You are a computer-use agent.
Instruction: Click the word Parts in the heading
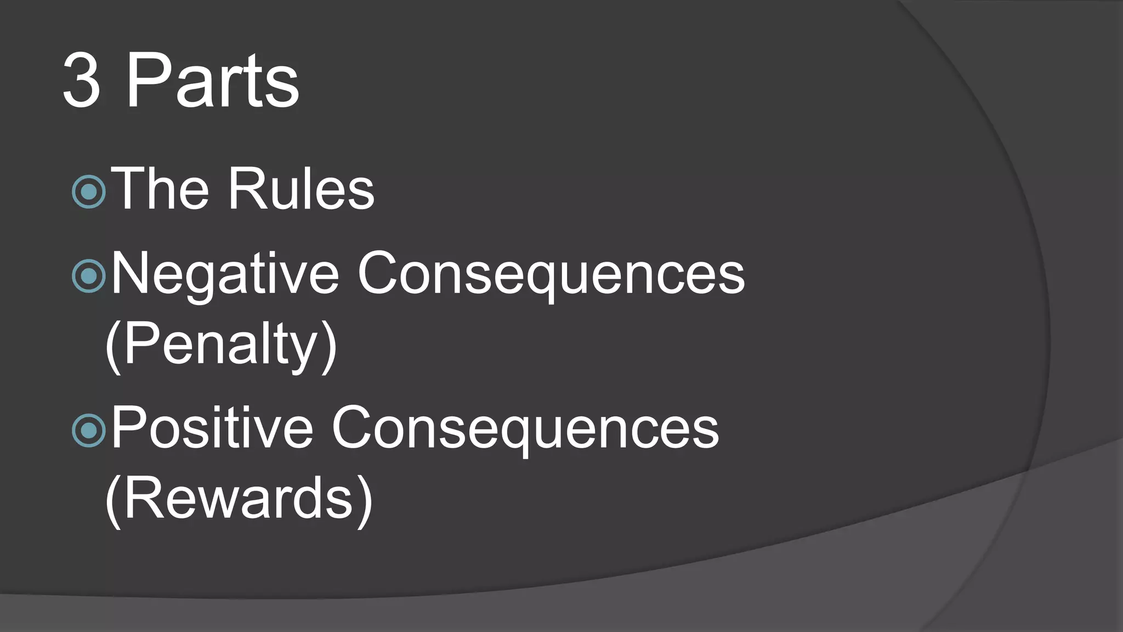pos(213,81)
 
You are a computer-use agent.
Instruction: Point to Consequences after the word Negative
pos(551,273)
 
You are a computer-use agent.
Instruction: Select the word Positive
pos(212,427)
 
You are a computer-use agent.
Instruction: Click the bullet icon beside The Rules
pos(88,191)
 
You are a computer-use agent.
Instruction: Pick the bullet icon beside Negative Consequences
pos(88,276)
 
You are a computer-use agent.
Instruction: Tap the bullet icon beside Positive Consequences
pos(88,430)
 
